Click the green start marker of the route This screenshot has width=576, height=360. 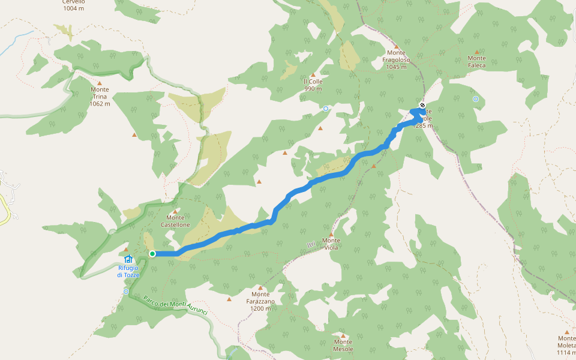[x=152, y=254]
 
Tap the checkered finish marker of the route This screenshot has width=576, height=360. [x=422, y=106]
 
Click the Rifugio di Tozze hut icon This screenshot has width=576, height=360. [x=128, y=259]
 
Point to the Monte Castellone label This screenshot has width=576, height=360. [x=175, y=221]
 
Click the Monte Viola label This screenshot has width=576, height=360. [x=331, y=244]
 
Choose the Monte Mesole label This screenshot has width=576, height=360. [x=343, y=345]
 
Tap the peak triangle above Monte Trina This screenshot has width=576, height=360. [x=100, y=83]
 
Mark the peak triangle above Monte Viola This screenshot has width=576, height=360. [x=331, y=234]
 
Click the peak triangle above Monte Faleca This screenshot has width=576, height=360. [x=477, y=52]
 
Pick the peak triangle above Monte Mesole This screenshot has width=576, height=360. [x=343, y=335]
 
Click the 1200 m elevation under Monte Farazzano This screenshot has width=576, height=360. [x=260, y=308]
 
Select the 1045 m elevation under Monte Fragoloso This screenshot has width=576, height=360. [x=396, y=67]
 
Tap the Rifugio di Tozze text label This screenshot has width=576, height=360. [x=128, y=271]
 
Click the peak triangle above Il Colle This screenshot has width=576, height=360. [x=313, y=75]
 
